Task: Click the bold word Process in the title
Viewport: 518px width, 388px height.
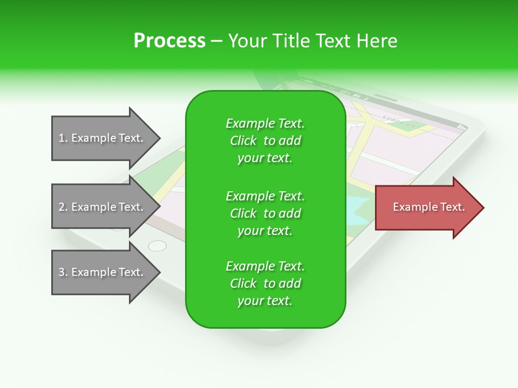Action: point(169,41)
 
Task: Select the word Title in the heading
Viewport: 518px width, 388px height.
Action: point(290,41)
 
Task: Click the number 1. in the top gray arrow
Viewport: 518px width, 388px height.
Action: point(63,138)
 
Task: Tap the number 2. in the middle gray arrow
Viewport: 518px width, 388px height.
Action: point(63,207)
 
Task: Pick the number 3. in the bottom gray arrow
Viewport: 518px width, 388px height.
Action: point(63,272)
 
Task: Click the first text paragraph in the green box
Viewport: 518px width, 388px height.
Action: point(265,141)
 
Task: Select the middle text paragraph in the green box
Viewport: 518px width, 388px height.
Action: point(265,213)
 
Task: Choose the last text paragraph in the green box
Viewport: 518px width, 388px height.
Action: point(265,283)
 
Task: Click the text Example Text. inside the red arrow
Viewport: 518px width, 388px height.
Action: point(429,207)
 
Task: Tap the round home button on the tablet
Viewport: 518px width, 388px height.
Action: point(157,246)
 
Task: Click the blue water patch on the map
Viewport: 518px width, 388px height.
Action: point(356,208)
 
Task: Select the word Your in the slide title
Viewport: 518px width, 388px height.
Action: point(247,41)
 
